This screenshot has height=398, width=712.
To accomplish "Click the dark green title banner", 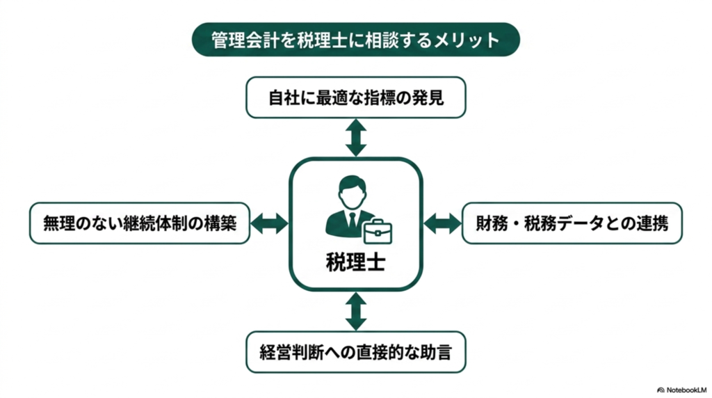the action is (355, 40).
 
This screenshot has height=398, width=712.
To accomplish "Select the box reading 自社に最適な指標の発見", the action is (355, 97).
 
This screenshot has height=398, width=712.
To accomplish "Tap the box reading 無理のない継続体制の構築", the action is (139, 223).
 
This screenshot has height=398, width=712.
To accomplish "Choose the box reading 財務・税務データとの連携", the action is (572, 223).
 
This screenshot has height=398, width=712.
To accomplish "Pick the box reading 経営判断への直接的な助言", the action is (355, 352).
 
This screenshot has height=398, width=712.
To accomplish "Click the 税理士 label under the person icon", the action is (355, 262).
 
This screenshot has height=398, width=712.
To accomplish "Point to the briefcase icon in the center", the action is (378, 231).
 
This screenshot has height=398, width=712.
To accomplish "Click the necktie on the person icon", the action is (353, 220).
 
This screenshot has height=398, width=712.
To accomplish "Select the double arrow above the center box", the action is (355, 138).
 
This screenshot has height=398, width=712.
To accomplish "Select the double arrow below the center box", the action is (355, 311).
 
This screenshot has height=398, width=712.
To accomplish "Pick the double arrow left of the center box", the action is (269, 223).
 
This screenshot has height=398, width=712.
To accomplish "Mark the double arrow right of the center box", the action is (442, 223).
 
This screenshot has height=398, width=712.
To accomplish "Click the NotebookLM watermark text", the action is (686, 390).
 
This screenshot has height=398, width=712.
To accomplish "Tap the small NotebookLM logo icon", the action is (661, 390).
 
